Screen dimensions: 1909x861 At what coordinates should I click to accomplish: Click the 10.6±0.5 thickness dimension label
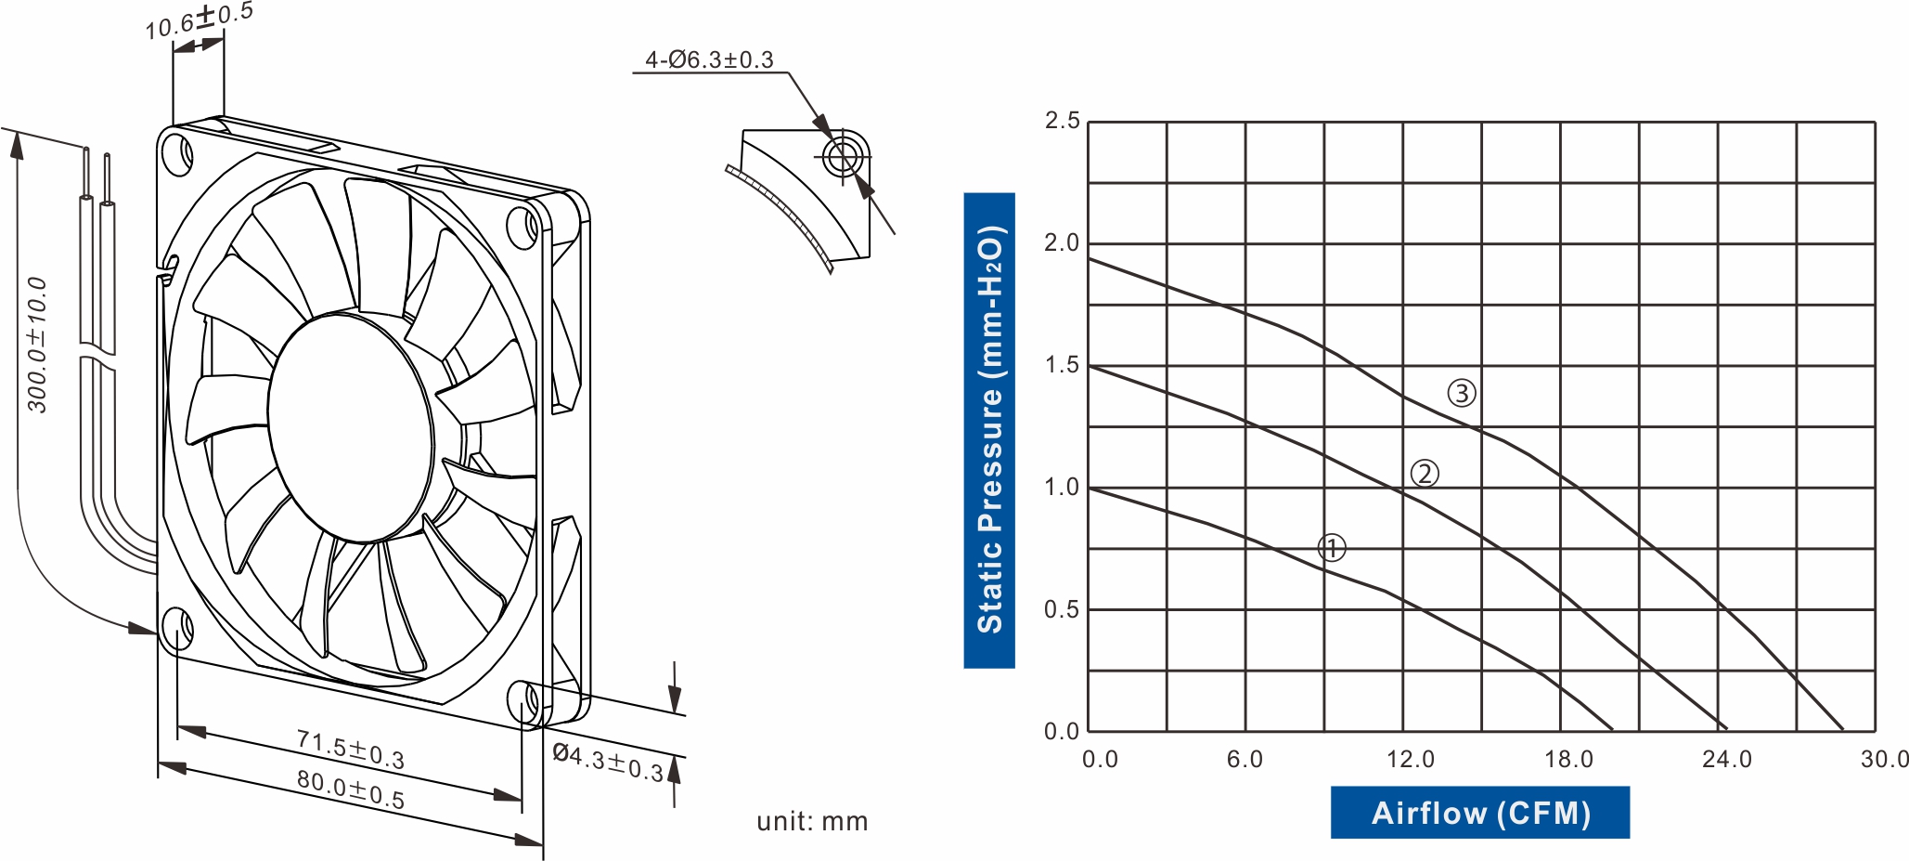point(199,21)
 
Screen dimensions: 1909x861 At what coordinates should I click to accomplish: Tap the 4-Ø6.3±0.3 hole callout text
point(709,60)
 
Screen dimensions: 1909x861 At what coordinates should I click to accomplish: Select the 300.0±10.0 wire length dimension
point(37,345)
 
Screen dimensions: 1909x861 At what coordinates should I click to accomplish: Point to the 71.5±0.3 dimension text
point(351,750)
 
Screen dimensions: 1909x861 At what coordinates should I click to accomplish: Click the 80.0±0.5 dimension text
point(351,789)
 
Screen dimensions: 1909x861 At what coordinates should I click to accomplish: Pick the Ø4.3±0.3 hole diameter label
point(608,762)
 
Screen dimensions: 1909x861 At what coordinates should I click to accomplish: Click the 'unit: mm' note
point(812,821)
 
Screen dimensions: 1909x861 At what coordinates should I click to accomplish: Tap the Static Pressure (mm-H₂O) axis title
point(989,430)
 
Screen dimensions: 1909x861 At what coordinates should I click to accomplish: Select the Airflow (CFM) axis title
point(1480,813)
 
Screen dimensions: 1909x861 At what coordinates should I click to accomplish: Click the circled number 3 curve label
point(1462,393)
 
